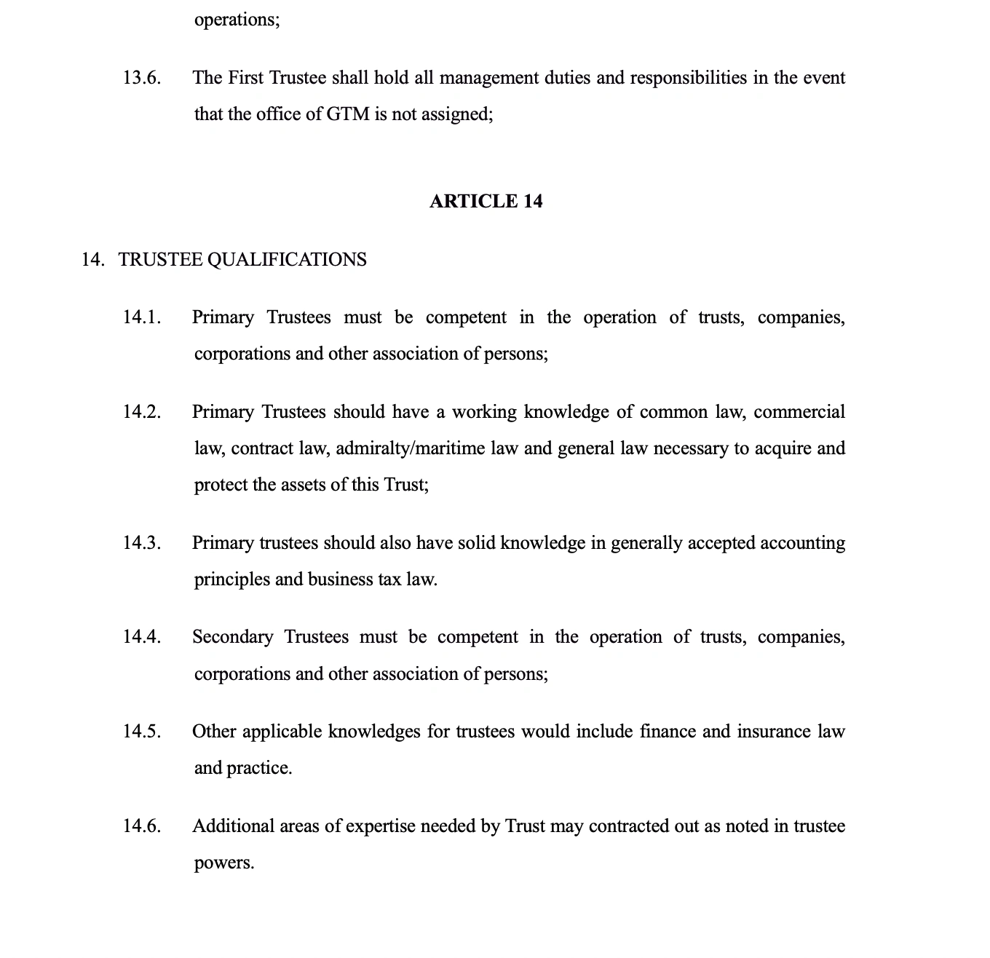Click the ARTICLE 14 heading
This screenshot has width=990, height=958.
[x=486, y=201]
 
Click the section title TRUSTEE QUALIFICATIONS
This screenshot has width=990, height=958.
[x=242, y=260]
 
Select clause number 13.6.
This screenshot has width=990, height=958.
[x=141, y=78]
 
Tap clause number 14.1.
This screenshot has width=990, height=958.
[x=141, y=317]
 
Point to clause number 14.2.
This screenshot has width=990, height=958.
[x=141, y=412]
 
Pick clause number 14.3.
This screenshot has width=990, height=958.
[x=141, y=543]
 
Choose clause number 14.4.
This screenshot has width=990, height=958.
[x=141, y=637]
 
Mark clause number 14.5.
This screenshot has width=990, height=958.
[x=141, y=732]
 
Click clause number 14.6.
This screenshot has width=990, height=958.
[x=141, y=826]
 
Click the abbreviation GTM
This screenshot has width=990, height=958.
[x=348, y=114]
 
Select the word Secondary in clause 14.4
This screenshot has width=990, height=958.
[x=232, y=637]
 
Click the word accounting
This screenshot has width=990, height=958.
[x=802, y=543]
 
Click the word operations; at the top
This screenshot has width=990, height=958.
[x=237, y=20]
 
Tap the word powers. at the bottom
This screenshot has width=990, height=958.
[x=224, y=863]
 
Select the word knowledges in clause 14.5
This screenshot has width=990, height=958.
[x=374, y=732]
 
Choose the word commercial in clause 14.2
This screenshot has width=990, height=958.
[x=799, y=412]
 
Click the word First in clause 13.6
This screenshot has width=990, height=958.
[x=246, y=78]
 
